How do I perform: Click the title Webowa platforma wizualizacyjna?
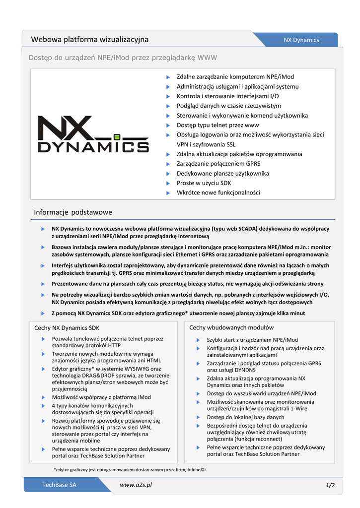pos(90,40)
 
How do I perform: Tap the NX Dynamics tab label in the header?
pos(301,40)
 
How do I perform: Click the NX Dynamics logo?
pos(93,134)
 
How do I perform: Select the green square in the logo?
pos(117,136)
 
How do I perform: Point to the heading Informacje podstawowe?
pos(73,212)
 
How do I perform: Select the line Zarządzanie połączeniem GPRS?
pos(218,164)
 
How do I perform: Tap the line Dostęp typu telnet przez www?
pos(217,125)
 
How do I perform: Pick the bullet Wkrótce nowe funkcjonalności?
pos(218,192)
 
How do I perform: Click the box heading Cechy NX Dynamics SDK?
pos(67,328)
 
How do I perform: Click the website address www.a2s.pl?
pos(136,484)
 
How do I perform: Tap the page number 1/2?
pos(330,485)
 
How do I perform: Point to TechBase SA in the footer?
pos(59,485)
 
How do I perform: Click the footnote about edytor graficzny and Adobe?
pos(129,469)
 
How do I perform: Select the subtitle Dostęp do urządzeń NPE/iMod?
pos(123,58)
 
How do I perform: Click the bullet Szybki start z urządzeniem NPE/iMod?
pos(252,340)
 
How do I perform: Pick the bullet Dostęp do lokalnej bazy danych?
pos(245,417)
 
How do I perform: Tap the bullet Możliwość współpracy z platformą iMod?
pos(101,397)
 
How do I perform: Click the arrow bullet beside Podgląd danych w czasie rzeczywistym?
pos(168,106)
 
